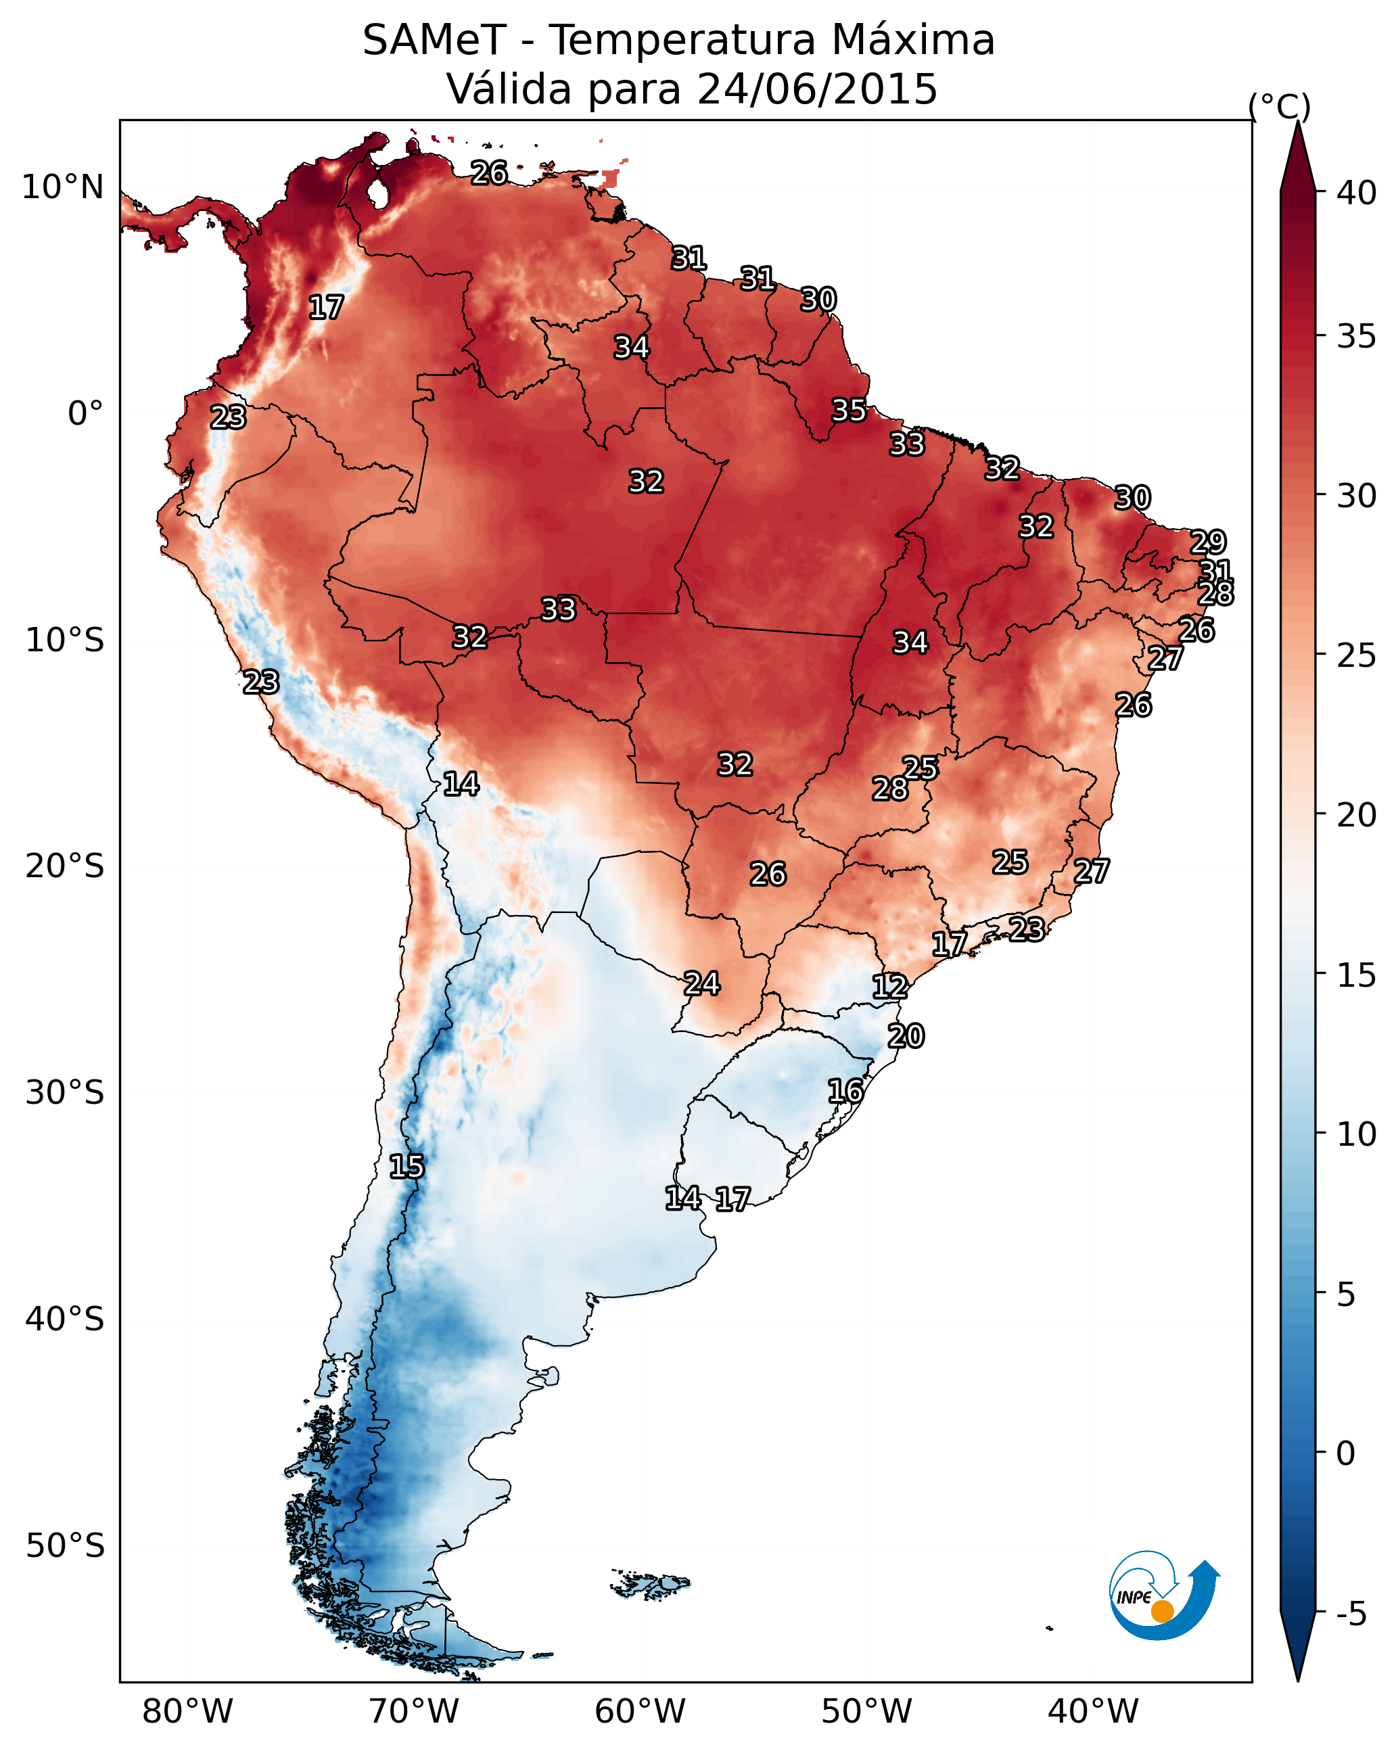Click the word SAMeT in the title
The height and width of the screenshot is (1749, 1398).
point(434,41)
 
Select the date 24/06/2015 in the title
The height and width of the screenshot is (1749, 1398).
point(816,89)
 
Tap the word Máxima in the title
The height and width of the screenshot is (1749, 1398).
point(911,41)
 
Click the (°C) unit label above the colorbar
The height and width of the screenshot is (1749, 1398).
point(1279,106)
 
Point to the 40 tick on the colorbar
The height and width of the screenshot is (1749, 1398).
point(1356,193)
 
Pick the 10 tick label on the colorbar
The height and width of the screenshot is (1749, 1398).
point(1356,1134)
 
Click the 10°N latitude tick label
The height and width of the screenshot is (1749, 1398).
point(62,187)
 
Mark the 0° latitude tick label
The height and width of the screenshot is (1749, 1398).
point(85,414)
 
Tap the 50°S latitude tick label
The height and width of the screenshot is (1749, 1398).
point(65,1546)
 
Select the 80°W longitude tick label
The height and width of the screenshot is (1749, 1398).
point(187,1712)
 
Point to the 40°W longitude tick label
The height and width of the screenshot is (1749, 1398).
point(1093,1712)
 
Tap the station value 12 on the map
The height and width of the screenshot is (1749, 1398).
point(889,987)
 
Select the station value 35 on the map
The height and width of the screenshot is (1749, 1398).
point(849,411)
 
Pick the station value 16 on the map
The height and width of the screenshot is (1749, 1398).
point(845,1091)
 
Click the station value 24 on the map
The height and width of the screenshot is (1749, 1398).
point(701,984)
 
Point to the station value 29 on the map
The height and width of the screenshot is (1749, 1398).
point(1207,542)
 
